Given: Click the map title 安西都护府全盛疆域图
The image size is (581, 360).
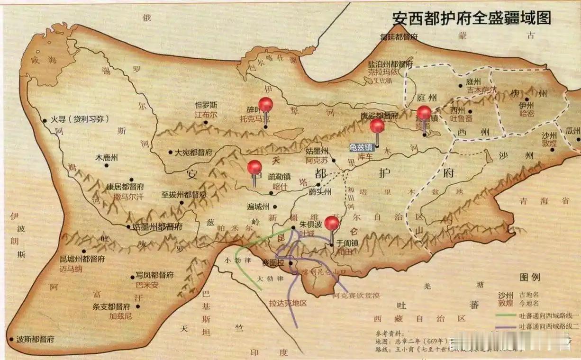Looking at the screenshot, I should pos(472,18).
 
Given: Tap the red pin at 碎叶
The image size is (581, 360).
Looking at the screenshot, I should pos(265,105).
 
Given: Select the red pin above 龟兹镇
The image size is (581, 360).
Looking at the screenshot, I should pos(377,126).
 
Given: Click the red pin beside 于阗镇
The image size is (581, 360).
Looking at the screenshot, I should pos(332,223).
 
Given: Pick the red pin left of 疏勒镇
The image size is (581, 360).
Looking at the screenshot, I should pos(254,167).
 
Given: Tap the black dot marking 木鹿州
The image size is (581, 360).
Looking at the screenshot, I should pos(118,166).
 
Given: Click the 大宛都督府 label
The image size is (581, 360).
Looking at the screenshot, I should pos(193,153).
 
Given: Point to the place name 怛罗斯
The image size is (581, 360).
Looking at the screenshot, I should pos(206,105).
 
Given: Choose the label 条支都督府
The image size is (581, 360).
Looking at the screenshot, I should pos(111,306).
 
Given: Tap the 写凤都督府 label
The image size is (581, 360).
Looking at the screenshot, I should pos(154,275).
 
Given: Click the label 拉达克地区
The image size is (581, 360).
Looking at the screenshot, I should pos(288,304).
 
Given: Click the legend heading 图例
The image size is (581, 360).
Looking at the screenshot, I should pos(529,277).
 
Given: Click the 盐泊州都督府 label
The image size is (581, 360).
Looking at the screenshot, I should pos(390,64).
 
